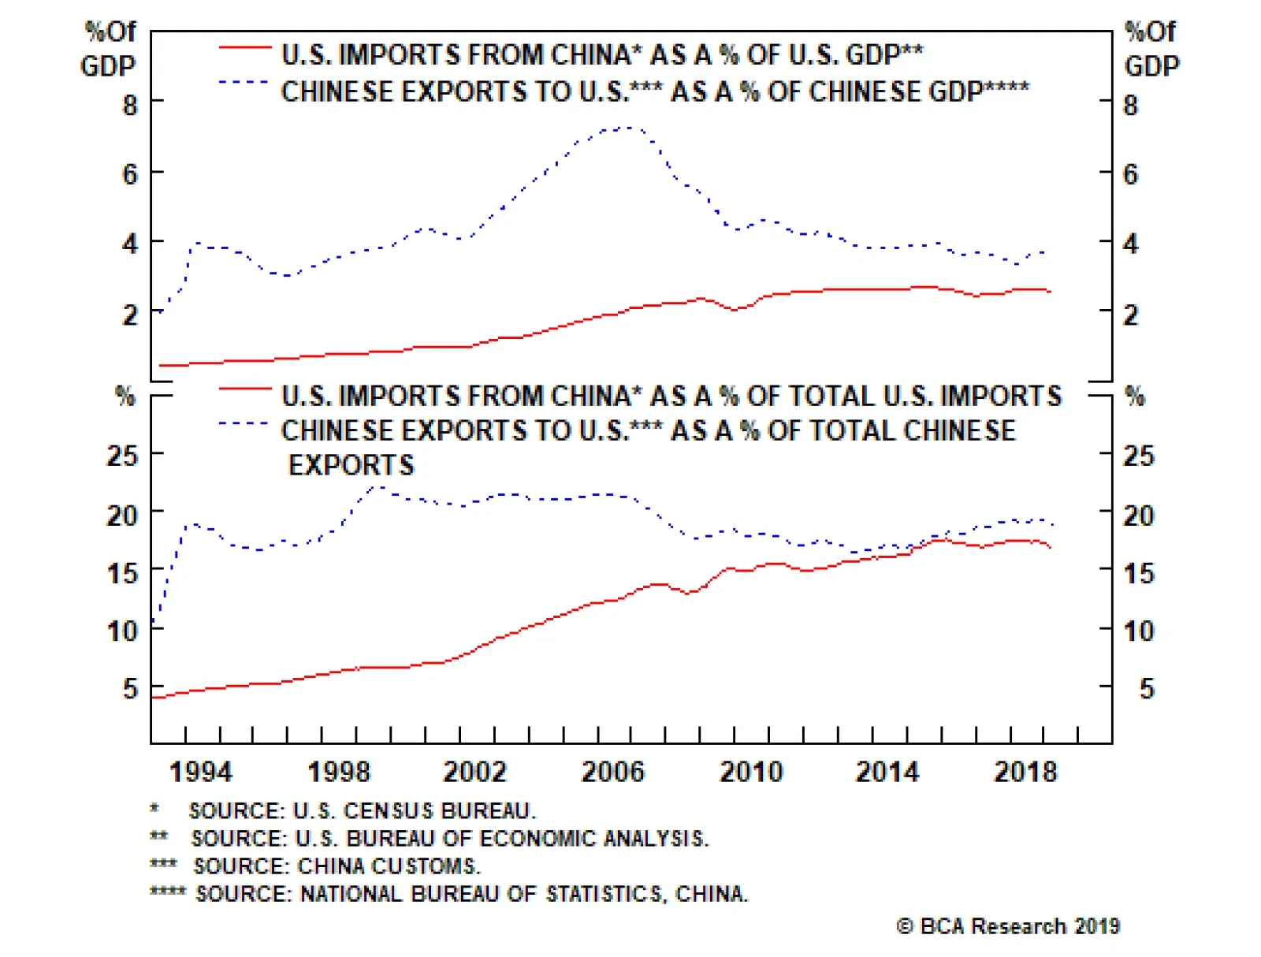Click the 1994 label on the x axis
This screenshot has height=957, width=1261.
[x=201, y=772]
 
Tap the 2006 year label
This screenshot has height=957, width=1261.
[x=613, y=772]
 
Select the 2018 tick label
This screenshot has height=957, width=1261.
[x=1025, y=772]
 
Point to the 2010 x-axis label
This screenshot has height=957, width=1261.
[x=751, y=772]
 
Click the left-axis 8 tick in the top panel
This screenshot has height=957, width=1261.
[x=130, y=105]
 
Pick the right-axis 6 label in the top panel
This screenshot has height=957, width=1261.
[x=1131, y=174]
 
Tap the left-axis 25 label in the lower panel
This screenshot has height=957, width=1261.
[x=122, y=456]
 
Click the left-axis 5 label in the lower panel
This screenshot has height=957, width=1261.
[x=130, y=689]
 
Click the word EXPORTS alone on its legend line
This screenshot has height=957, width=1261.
[x=351, y=466]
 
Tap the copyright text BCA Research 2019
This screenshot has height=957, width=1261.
[x=1009, y=926]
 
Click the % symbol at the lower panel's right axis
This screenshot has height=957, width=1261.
[x=1134, y=396]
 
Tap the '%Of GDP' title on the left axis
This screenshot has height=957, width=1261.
[x=109, y=49]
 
